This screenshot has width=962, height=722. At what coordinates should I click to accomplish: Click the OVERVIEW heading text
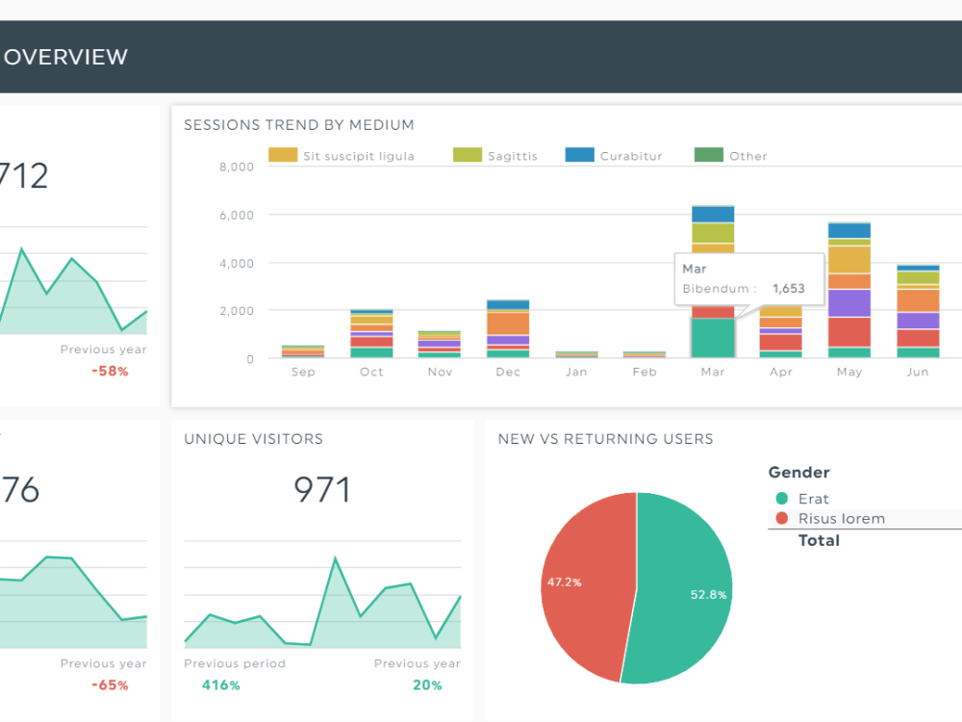pos(65,57)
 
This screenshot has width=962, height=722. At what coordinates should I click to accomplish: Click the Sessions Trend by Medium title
pos(299,124)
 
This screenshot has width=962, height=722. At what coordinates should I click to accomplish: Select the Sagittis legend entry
pos(512,156)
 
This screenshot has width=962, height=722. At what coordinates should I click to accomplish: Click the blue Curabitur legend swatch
pos(579,155)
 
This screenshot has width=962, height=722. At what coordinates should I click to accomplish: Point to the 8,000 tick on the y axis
pos(236,167)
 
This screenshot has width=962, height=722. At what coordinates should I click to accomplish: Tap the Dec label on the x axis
pos(507,372)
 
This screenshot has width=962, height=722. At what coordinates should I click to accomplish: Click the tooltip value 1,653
pos(788,288)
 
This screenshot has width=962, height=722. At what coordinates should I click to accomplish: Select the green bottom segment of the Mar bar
pos(713,338)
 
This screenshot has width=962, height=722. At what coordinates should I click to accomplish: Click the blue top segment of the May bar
pos(849,230)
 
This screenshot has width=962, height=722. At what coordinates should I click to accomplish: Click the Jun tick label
pos(918,372)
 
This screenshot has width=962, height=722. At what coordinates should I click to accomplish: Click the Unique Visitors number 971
pos(322,490)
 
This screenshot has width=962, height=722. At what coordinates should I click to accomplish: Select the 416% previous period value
pos(220,685)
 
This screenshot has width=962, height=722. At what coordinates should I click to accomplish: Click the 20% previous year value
pos(427,685)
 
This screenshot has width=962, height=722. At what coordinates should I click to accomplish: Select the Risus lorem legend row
pos(841,519)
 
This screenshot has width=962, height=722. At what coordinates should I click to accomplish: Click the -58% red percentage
pos(110,371)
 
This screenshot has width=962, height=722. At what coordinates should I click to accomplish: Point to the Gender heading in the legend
pos(798,473)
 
